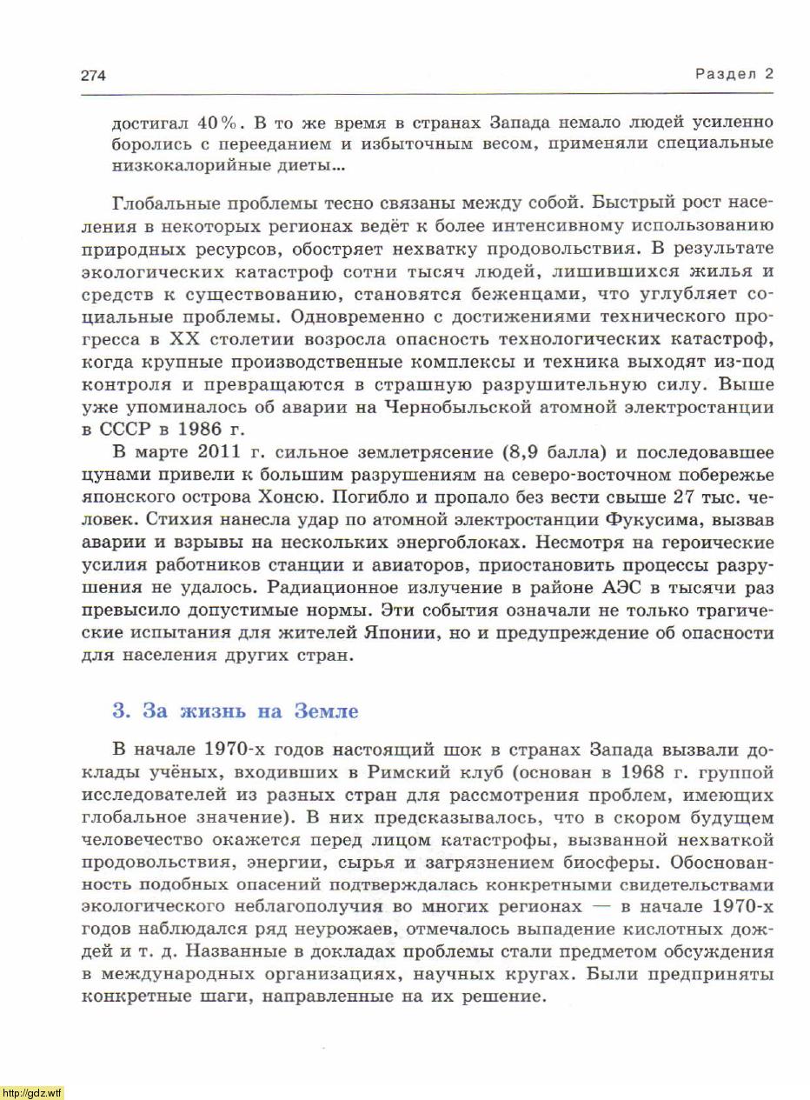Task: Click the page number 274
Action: [93, 75]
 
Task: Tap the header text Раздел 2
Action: [734, 74]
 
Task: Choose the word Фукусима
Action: [648, 520]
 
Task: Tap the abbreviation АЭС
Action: [620, 588]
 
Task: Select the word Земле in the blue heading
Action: [326, 711]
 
